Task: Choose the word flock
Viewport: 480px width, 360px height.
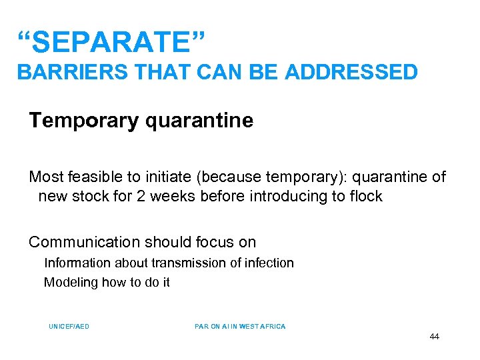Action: click(365, 196)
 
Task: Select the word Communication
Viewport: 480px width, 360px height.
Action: click(84, 242)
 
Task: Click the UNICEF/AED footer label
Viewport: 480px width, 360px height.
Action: click(69, 327)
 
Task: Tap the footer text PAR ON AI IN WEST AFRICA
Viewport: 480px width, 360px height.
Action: click(240, 327)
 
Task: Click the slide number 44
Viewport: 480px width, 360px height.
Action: click(434, 337)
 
